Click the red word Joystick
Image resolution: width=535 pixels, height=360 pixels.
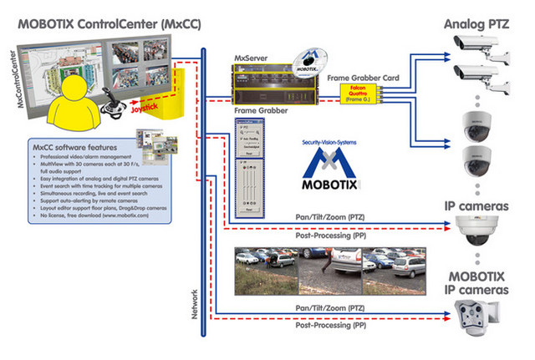click(148, 108)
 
